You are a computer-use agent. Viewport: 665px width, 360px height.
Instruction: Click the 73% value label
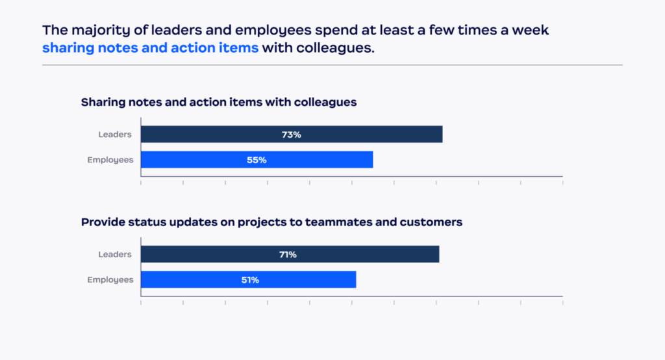click(291, 135)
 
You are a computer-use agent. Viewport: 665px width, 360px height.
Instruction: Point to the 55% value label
click(257, 160)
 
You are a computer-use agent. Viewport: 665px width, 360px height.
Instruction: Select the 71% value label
click(288, 254)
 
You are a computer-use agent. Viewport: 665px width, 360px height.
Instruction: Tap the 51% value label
click(250, 279)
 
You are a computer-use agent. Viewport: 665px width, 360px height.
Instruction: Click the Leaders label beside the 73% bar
click(115, 135)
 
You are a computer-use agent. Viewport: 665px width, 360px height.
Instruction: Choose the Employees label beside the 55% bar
click(110, 160)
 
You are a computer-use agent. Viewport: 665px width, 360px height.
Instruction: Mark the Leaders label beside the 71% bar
click(115, 254)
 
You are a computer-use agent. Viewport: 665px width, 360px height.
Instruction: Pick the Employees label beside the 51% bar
click(110, 279)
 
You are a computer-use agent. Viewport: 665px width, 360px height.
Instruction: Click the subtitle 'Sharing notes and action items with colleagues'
click(219, 103)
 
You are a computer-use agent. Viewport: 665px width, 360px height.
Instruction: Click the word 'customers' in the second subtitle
click(431, 222)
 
